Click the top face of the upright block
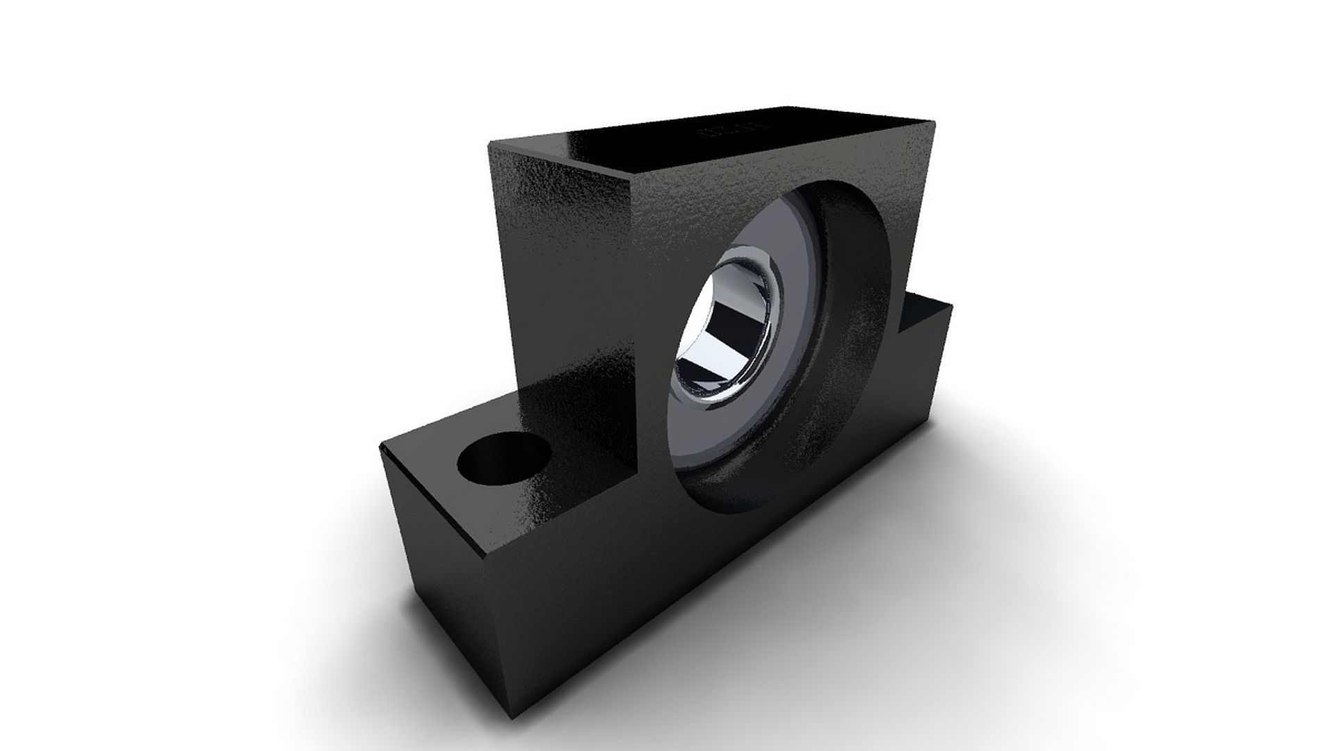(709, 146)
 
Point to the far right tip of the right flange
(951, 305)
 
